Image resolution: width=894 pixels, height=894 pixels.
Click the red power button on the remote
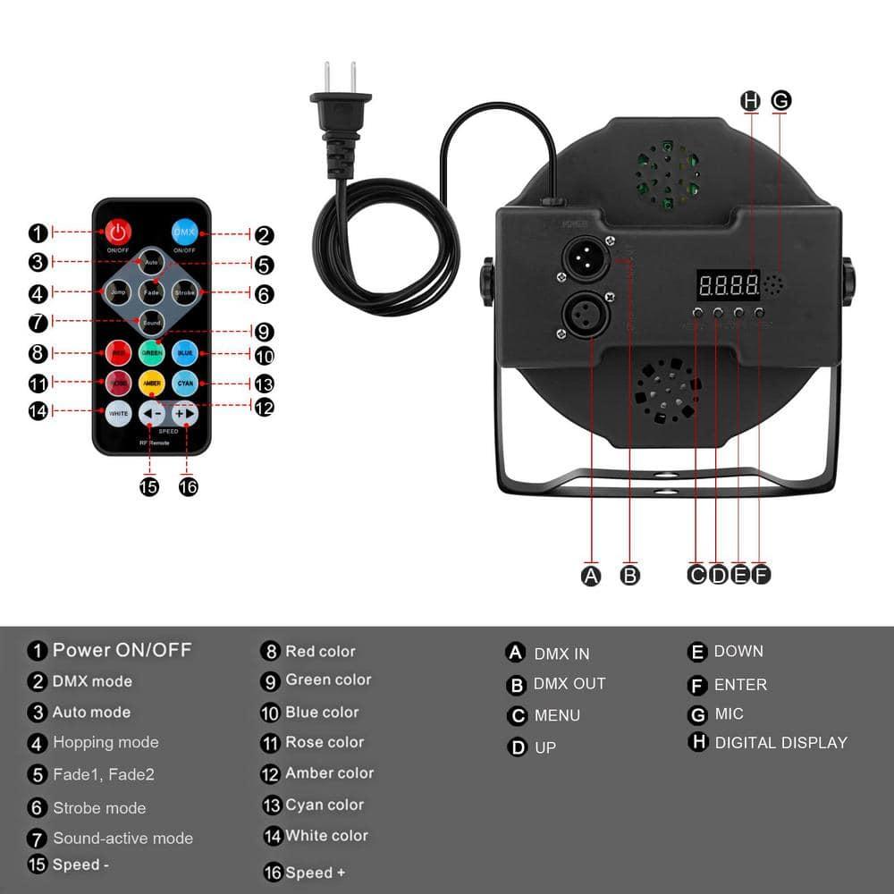click(117, 232)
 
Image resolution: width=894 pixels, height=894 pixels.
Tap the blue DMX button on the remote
click(184, 232)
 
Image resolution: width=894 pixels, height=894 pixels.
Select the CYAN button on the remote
click(184, 384)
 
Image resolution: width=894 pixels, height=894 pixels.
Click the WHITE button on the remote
click(118, 414)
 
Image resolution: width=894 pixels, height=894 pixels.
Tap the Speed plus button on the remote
click(184, 414)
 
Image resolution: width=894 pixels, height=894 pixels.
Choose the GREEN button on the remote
click(151, 353)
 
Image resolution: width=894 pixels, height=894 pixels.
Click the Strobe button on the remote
click(184, 292)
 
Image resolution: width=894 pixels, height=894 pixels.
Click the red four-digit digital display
click(728, 286)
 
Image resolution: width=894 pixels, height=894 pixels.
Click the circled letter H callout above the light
click(751, 101)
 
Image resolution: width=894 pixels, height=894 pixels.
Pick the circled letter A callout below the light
click(591, 576)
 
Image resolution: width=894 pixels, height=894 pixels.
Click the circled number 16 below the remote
click(188, 486)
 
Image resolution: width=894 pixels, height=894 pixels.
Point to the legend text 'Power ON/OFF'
click(122, 650)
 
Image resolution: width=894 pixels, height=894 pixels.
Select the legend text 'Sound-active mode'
click(122, 839)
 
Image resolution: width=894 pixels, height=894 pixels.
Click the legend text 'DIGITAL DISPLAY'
click(780, 742)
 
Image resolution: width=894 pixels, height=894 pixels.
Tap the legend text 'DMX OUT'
click(569, 684)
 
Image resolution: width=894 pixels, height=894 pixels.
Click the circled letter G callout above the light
click(780, 101)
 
